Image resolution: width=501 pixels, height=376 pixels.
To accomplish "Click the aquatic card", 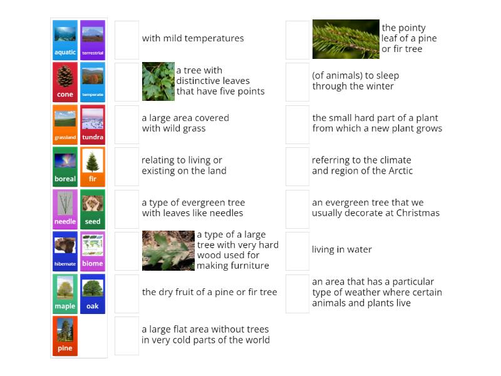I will [65, 39].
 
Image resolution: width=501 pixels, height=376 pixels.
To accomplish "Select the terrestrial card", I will [92, 39].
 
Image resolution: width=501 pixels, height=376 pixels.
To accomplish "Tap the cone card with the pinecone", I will [65, 82].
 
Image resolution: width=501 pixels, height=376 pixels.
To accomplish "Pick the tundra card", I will [92, 124].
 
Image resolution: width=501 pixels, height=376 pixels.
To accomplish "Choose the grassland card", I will [65, 124].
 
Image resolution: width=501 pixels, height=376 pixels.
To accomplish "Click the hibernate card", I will [65, 251].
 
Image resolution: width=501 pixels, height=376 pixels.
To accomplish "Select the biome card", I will [92, 251].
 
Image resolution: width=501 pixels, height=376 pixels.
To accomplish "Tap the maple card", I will [65, 293].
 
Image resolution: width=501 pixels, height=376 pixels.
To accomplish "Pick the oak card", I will [92, 293].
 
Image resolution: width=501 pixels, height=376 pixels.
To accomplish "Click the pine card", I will [65, 336].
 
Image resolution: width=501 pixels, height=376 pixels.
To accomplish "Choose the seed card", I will [92, 209].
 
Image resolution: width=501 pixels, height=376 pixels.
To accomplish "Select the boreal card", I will [65, 167].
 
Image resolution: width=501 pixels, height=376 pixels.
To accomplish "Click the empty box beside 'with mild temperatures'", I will [127, 39].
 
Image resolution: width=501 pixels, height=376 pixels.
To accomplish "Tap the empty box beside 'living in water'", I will [297, 250].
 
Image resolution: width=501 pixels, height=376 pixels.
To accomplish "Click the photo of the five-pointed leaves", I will [158, 81].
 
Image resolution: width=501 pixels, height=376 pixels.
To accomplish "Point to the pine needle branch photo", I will [346, 39].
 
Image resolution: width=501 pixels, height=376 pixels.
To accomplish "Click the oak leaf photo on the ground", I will [168, 250].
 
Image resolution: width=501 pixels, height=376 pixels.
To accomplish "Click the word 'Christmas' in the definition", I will [418, 213].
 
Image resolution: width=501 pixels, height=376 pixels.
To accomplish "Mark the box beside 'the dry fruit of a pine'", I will [127, 293].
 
